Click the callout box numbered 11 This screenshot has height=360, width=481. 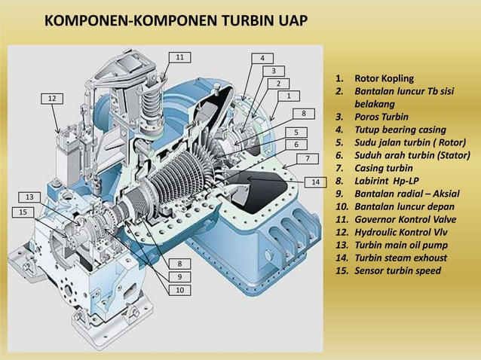click(x=179, y=57)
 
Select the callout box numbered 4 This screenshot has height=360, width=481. click(x=262, y=58)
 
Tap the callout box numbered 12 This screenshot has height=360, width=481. click(x=52, y=99)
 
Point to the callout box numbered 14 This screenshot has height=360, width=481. click(x=316, y=182)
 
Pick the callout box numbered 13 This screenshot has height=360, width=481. click(x=29, y=197)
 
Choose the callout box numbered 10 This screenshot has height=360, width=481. click(x=179, y=290)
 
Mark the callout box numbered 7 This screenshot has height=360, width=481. click(x=308, y=158)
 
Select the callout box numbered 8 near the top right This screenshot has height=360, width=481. click(x=303, y=113)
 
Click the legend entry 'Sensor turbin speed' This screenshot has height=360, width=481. click(x=398, y=270)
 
